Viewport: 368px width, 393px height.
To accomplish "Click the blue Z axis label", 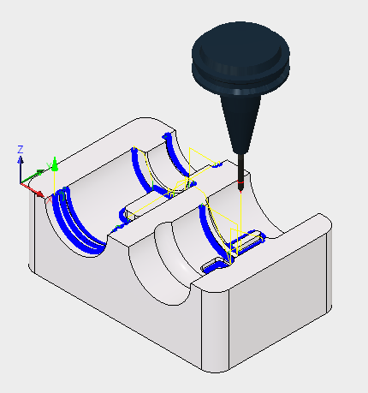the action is tap(21, 150).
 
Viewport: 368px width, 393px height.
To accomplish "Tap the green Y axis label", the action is tap(49, 166).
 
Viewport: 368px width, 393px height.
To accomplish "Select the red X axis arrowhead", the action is tap(40, 194).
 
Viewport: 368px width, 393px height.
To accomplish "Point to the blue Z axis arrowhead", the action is tap(21, 160).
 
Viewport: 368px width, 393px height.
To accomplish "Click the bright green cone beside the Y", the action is tap(55, 164).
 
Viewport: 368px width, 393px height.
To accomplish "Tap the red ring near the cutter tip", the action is tap(241, 182).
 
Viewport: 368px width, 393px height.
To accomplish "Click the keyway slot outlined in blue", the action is tap(247, 241).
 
